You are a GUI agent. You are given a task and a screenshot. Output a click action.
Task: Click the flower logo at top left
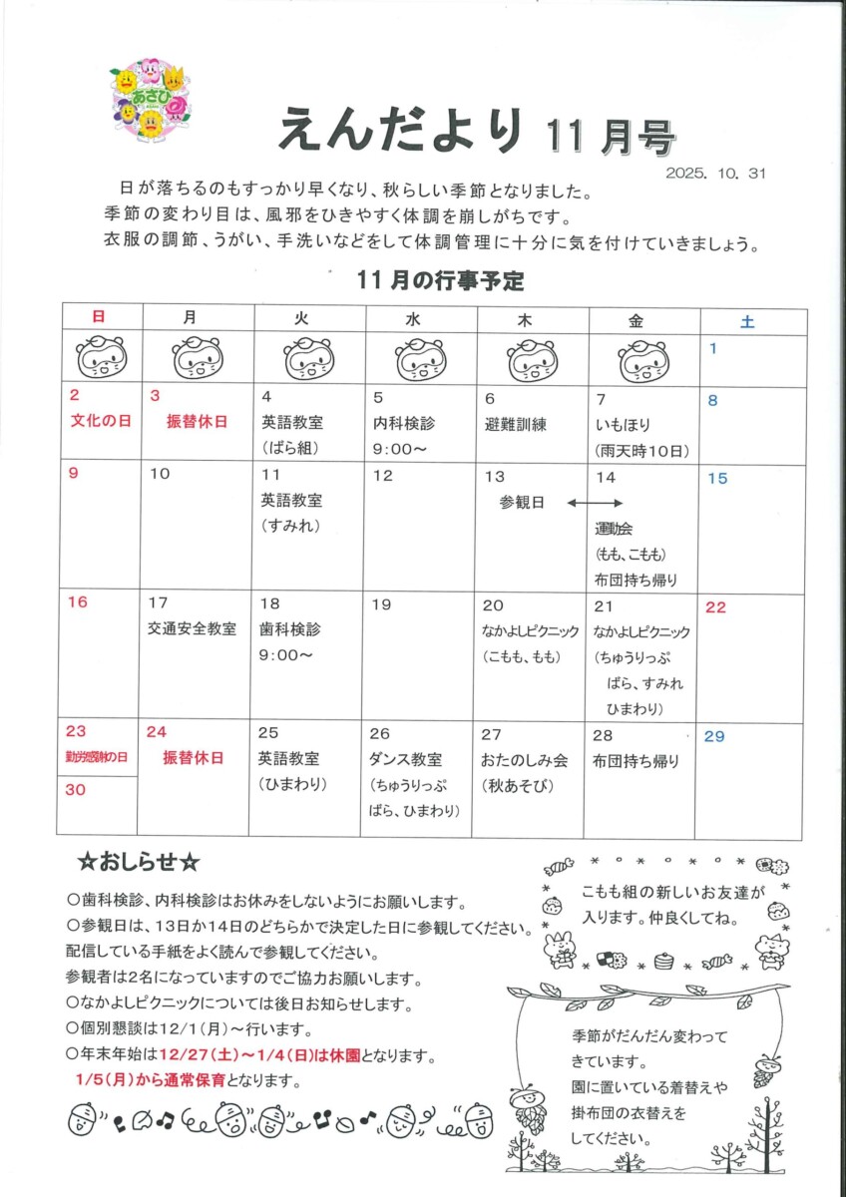[x=151, y=101]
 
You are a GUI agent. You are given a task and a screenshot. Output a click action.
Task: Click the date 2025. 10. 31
[x=715, y=173]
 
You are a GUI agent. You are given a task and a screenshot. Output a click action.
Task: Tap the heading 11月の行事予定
[x=440, y=281]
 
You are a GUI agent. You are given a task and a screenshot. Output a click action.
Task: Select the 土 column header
[x=747, y=320]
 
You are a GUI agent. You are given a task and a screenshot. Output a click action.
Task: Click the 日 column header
[x=99, y=318]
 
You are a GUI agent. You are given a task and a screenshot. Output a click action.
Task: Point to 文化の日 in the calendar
[x=101, y=421]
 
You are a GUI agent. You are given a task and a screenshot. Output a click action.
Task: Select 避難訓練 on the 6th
[x=516, y=422]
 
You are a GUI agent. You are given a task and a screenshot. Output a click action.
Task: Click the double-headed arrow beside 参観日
[x=595, y=503]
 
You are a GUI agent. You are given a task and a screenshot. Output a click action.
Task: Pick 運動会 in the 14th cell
[x=615, y=528]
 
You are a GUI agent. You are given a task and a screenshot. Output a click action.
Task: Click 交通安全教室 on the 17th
[x=192, y=629]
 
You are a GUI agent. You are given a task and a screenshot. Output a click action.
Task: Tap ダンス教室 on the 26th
[x=406, y=760]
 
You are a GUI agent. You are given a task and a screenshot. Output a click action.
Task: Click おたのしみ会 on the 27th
[x=525, y=760]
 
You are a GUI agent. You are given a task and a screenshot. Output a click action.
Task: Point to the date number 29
[x=714, y=736]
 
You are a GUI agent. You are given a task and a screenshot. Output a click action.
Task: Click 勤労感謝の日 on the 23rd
[x=97, y=757]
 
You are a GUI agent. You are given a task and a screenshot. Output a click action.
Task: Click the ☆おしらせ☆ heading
[x=140, y=860]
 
